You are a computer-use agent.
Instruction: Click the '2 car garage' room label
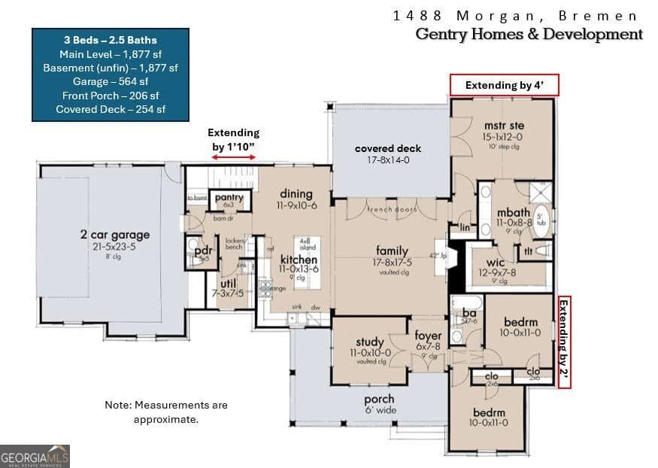click(115, 235)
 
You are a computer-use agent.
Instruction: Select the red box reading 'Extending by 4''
click(502, 85)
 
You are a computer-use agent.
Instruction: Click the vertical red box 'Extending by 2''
click(564, 342)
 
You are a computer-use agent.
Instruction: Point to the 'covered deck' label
click(388, 148)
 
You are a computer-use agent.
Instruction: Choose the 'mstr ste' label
click(504, 126)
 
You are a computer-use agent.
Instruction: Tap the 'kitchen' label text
click(278, 260)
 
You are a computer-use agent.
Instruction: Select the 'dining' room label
click(296, 193)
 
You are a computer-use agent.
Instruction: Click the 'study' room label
click(370, 342)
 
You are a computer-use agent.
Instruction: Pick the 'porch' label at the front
click(379, 399)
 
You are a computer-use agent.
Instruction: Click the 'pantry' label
click(229, 198)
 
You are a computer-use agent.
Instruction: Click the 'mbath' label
click(514, 213)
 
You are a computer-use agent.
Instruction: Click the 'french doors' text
click(392, 209)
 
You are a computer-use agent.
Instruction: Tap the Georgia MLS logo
click(35, 455)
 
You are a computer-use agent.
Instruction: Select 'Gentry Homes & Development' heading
click(529, 34)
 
